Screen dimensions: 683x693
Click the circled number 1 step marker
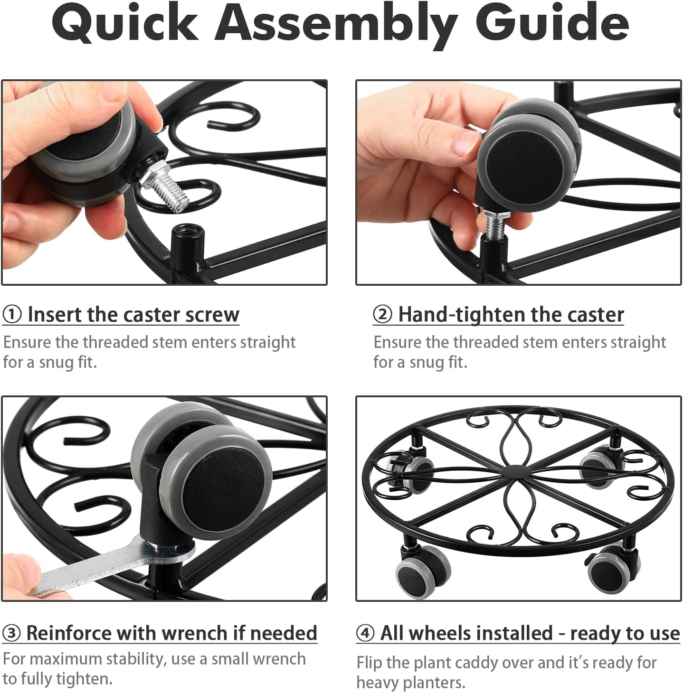pyautogui.click(x=12, y=315)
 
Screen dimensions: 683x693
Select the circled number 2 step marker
pyautogui.click(x=382, y=315)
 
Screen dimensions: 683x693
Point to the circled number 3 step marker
pyautogui.click(x=11, y=633)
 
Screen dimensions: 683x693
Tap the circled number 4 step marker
pyautogui.click(x=366, y=633)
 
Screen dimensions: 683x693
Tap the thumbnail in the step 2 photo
pyautogui.click(x=466, y=142)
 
